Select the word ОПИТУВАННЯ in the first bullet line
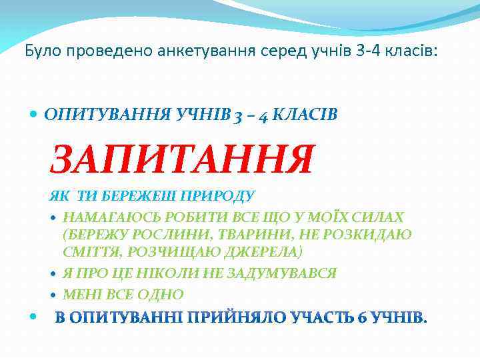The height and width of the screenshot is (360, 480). [x=95, y=115]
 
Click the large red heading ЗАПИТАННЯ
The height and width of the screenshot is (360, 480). [x=181, y=160]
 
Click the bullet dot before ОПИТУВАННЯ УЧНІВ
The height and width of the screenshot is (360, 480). [x=35, y=115]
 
